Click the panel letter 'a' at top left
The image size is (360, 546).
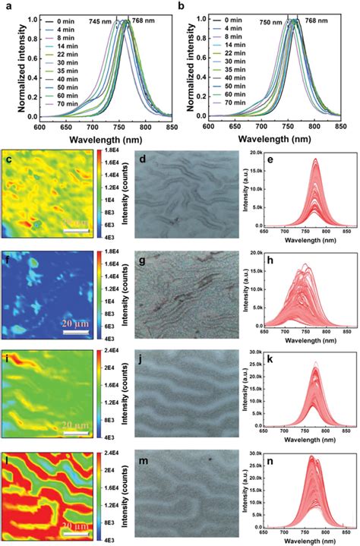pyautogui.click(x=7, y=5)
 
